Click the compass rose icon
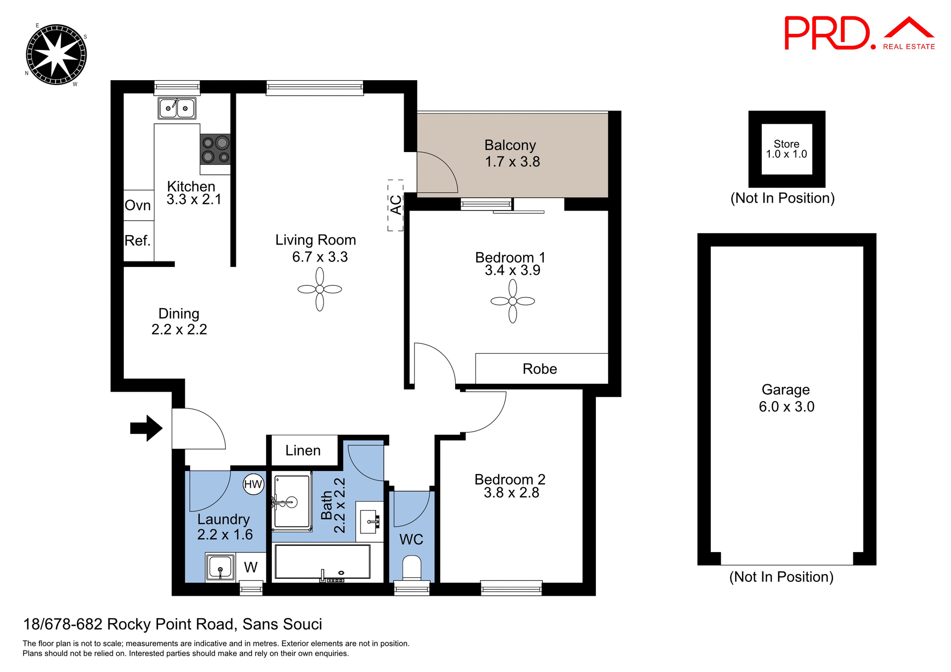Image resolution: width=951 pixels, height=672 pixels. [56, 54]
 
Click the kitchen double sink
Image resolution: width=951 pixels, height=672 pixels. [177, 108]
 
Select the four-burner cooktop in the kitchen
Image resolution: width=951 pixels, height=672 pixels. [215, 150]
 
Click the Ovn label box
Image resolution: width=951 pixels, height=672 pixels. [138, 206]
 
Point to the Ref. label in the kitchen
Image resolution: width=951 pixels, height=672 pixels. [138, 241]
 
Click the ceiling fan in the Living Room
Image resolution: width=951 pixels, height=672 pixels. [319, 289]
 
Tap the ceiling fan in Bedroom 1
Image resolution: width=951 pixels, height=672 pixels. [513, 301]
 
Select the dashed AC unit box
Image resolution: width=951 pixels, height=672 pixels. [395, 205]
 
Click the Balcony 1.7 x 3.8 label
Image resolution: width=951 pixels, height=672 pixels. [512, 154]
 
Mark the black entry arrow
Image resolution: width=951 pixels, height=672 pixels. [146, 428]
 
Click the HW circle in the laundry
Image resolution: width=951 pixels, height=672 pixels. [253, 484]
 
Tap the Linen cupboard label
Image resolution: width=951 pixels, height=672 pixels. [303, 451]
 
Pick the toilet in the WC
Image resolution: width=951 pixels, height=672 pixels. [412, 568]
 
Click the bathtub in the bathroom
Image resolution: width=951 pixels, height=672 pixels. [322, 562]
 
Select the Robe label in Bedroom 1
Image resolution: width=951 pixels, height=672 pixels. [539, 369]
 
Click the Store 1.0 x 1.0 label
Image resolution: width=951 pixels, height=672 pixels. [786, 149]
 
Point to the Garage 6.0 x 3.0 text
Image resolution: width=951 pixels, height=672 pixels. [786, 398]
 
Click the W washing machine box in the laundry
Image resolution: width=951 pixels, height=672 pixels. [251, 567]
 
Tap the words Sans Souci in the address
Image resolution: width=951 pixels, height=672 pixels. [282, 624]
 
